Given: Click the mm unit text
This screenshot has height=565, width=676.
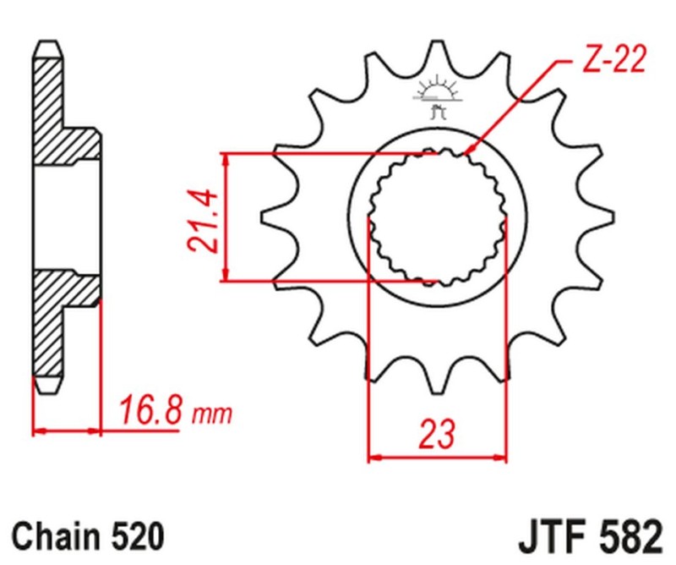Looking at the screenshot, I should (x=211, y=415).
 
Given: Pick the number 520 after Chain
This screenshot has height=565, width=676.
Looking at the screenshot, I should (x=134, y=536).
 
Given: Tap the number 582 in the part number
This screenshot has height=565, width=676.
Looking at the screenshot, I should (x=626, y=536).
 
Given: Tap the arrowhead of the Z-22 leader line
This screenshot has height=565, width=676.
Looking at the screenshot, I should (x=470, y=153).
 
